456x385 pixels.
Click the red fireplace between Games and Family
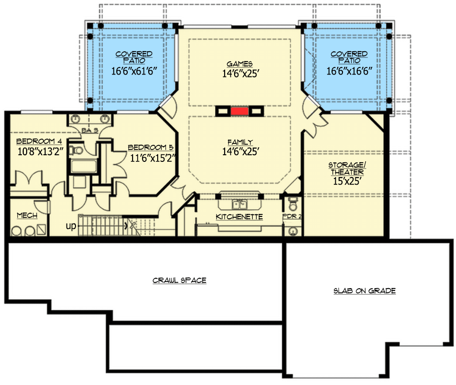pyautogui.click(x=239, y=111)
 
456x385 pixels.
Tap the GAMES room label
pyautogui.click(x=239, y=64)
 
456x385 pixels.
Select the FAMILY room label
pyautogui.click(x=240, y=142)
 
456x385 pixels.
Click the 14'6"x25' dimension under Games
pyautogui.click(x=240, y=74)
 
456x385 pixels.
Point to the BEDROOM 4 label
pyautogui.click(x=39, y=141)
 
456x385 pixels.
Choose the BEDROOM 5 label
pyautogui.click(x=151, y=147)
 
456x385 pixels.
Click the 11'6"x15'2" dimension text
pyautogui.click(x=152, y=158)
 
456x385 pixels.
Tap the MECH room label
pyautogui.click(x=27, y=216)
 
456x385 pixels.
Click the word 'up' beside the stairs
pyautogui.click(x=71, y=226)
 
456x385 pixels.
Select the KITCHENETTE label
pyautogui.click(x=239, y=217)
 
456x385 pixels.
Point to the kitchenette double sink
pyautogui.click(x=239, y=204)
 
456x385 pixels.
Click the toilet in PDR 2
pyautogui.click(x=293, y=203)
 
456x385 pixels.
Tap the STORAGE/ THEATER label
pyautogui.click(x=347, y=169)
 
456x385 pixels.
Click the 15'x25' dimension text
pyautogui.click(x=347, y=181)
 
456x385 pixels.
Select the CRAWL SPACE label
pyautogui.click(x=180, y=281)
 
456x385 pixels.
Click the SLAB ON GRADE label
pyautogui.click(x=364, y=291)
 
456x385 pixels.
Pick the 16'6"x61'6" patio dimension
pyautogui.click(x=134, y=71)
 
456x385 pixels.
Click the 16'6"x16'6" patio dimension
pyautogui.click(x=349, y=71)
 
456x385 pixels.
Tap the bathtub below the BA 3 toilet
pyautogui.click(x=84, y=166)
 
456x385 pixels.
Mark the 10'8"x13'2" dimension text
pyautogui.click(x=40, y=152)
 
